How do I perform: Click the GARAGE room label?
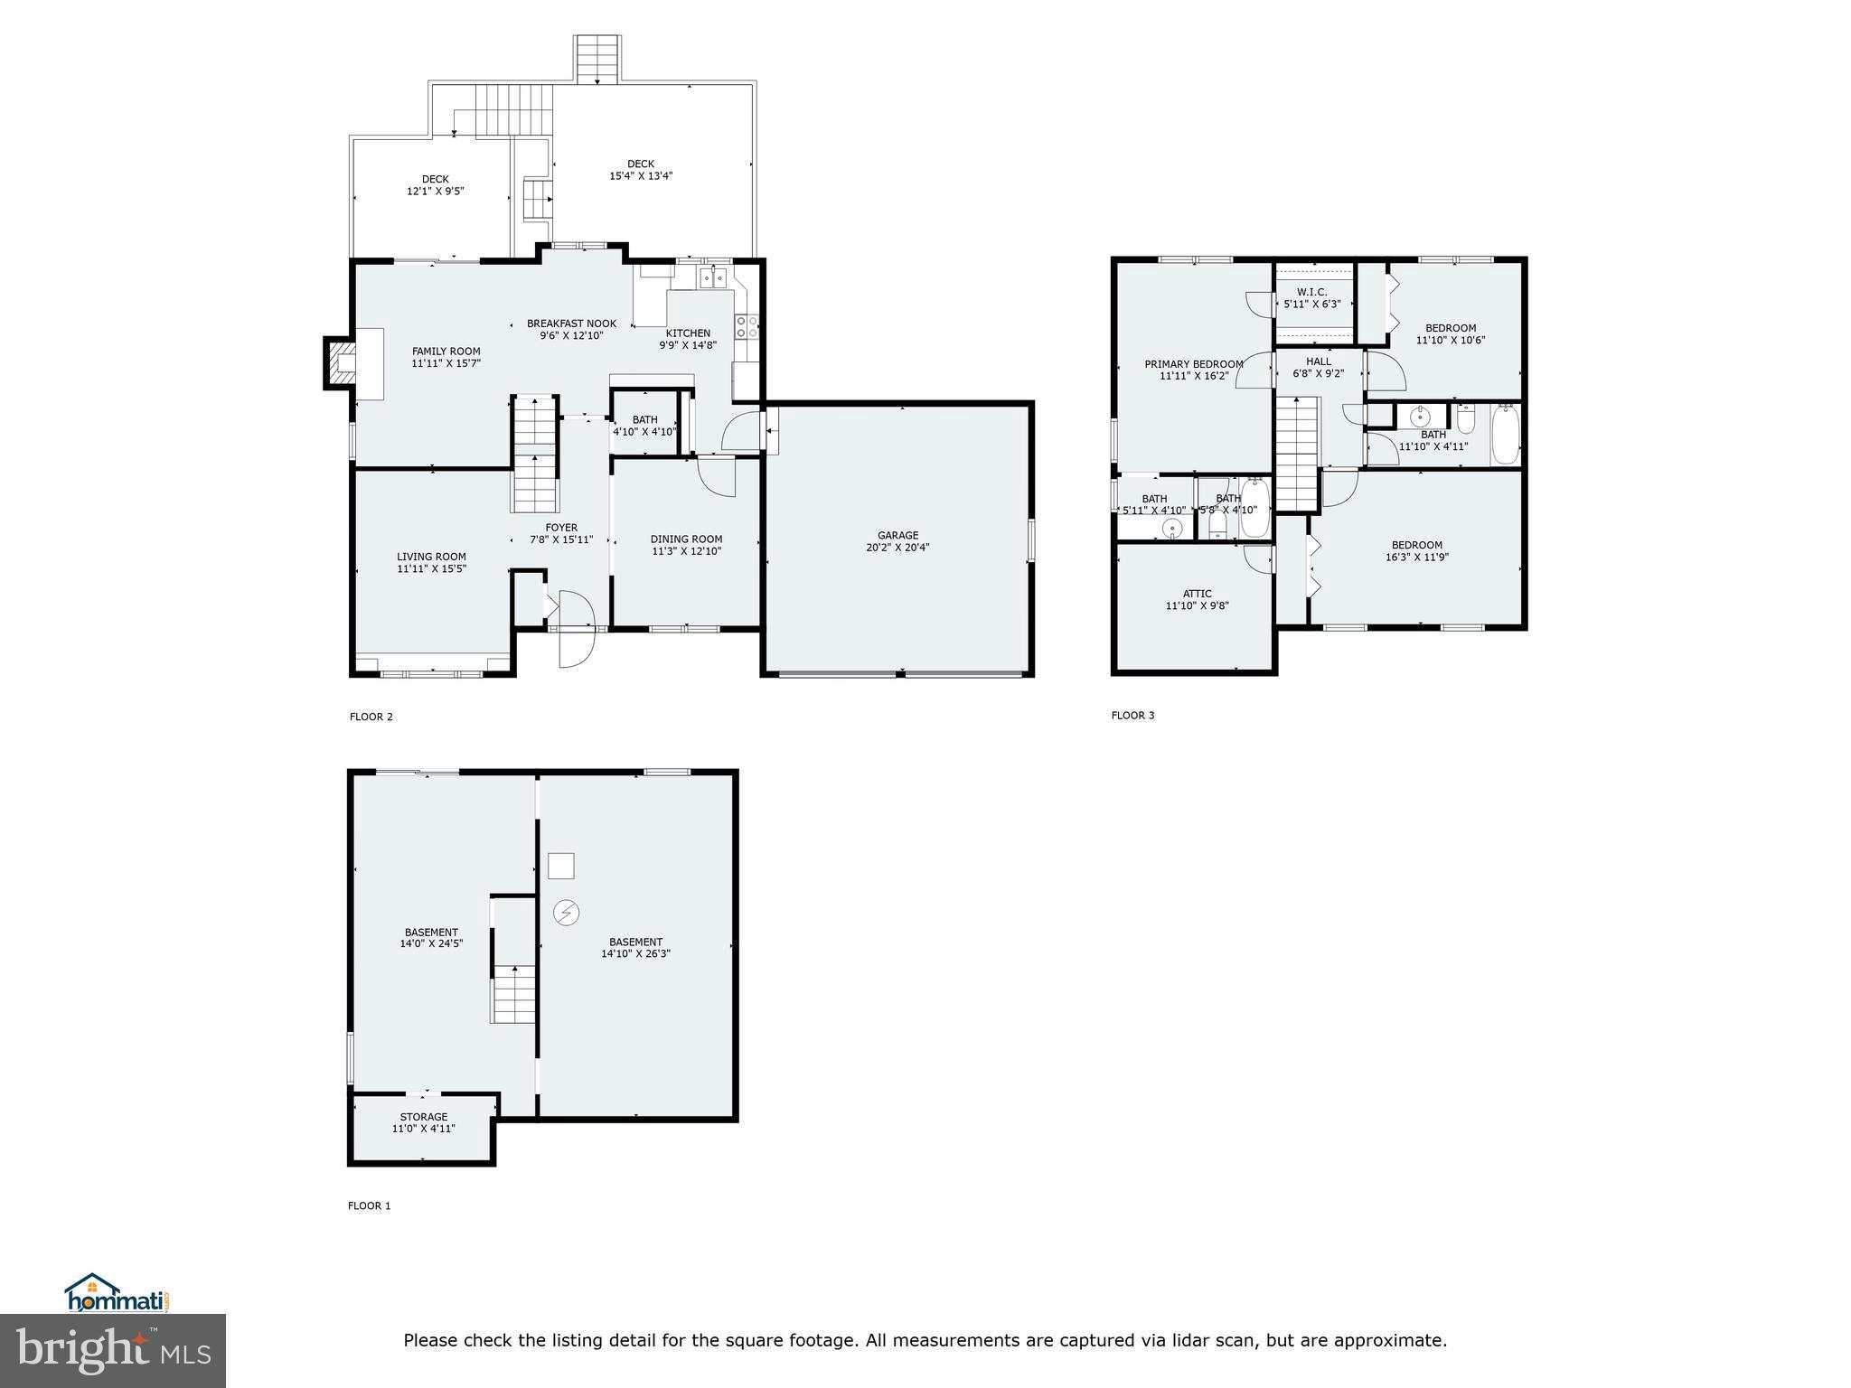pos(897,535)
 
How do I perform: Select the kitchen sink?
pos(713,277)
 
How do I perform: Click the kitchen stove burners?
pos(747,326)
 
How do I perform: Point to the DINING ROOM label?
pos(686,539)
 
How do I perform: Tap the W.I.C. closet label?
pos(1311,292)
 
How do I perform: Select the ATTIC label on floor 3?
pos(1197,594)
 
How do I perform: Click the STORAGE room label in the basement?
pos(423,1117)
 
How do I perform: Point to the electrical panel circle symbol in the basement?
pos(567,913)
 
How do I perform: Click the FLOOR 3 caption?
pos(1132,716)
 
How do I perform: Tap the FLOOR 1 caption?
pos(369,1205)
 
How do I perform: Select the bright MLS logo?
pos(113,1349)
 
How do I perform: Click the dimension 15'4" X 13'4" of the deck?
pos(640,176)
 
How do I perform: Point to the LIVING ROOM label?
pos(431,557)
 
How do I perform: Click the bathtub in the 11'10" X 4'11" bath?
pos(1505,436)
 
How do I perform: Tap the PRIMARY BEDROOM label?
pos(1193,364)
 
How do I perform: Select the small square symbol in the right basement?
pos(561,866)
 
